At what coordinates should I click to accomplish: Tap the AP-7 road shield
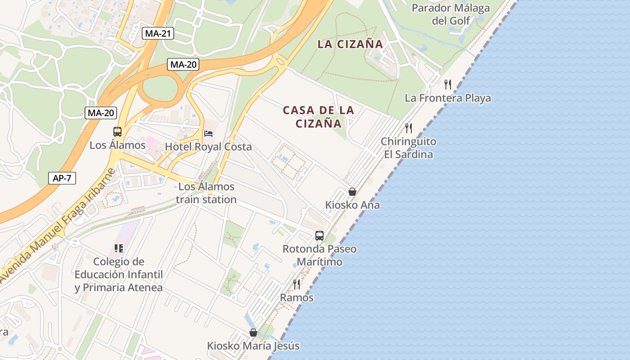(x=62, y=178)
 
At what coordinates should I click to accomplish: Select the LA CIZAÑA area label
(x=350, y=44)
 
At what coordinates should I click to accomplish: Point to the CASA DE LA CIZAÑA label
(x=319, y=117)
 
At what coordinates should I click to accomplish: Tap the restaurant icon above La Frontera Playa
(x=448, y=84)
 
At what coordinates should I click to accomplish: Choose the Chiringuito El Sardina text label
(x=408, y=148)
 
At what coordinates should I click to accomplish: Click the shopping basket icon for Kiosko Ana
(x=352, y=192)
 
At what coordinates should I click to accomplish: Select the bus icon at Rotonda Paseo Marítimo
(x=319, y=235)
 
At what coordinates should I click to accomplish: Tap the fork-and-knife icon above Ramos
(x=297, y=284)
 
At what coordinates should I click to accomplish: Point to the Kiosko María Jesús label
(x=253, y=346)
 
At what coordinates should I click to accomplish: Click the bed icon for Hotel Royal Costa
(x=208, y=134)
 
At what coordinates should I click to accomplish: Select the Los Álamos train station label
(x=206, y=193)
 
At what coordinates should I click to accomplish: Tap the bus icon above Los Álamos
(x=117, y=132)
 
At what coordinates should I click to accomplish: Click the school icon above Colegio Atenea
(x=118, y=248)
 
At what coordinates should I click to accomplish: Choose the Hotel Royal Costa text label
(x=208, y=147)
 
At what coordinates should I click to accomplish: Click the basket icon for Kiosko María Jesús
(x=253, y=333)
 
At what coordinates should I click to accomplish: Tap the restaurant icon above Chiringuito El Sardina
(x=408, y=128)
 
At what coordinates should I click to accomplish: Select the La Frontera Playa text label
(x=448, y=98)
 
